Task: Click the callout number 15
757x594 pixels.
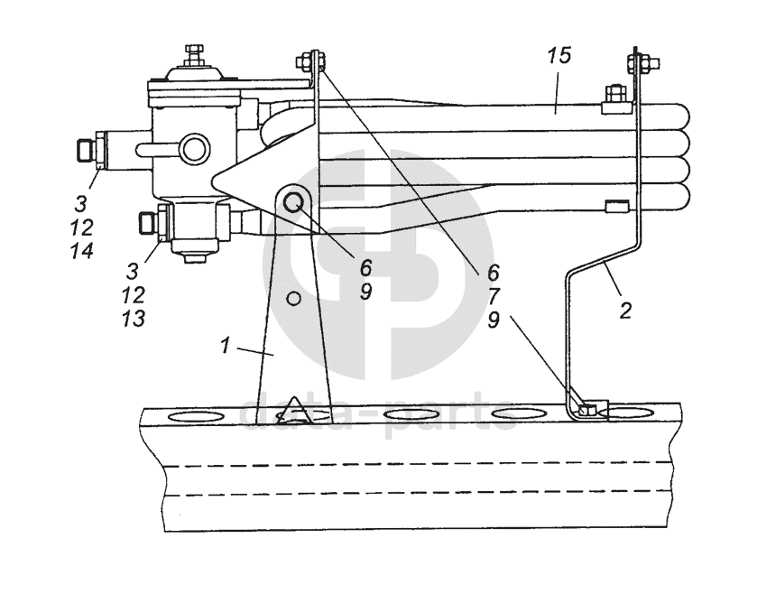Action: tap(559, 56)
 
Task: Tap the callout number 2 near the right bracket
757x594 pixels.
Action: tap(625, 311)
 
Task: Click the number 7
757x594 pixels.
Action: tap(494, 295)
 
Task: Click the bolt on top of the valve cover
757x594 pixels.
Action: tap(193, 52)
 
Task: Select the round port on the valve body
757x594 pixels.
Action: tap(191, 147)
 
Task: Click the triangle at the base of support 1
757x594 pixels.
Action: tap(294, 413)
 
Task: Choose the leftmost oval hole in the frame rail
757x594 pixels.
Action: tap(196, 416)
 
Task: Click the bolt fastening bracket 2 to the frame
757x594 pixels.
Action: tap(587, 410)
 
